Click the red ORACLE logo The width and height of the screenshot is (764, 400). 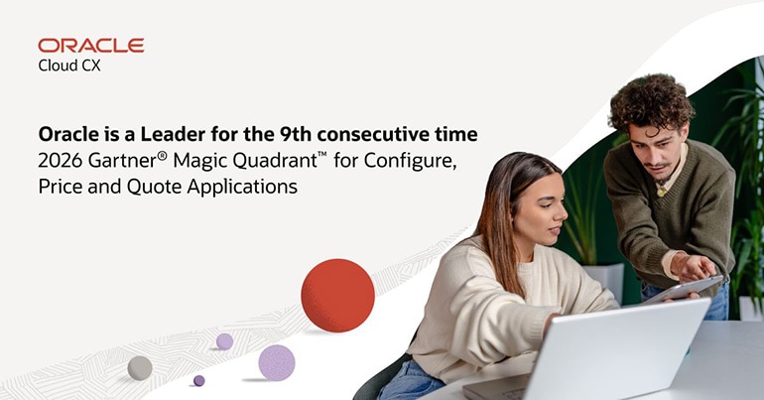90,46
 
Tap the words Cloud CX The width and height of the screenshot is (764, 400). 69,66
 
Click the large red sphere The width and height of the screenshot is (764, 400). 337,295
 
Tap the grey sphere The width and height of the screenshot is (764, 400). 140,367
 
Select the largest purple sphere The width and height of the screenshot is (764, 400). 277,362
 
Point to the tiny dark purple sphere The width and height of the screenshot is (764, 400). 198,380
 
